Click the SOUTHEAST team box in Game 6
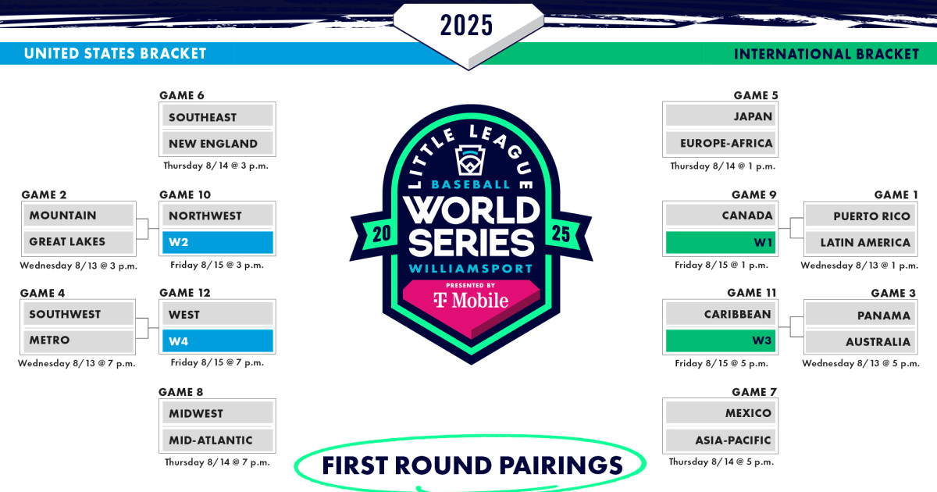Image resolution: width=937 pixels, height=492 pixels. [217, 117]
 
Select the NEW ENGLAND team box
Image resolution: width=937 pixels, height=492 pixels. [217, 144]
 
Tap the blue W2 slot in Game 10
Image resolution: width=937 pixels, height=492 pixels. [217, 242]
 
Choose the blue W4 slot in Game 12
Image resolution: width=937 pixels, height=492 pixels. [217, 340]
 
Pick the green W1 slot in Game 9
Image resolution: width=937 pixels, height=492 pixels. [720, 242]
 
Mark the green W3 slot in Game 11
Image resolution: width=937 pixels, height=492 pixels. [720, 340]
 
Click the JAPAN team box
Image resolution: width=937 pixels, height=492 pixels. [720, 116]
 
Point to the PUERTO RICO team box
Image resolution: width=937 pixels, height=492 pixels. [860, 216]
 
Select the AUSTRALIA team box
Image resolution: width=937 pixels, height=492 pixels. [860, 342]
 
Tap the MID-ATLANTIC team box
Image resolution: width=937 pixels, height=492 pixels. [217, 440]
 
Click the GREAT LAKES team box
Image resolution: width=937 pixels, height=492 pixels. [78, 242]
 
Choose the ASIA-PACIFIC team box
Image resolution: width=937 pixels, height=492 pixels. [720, 440]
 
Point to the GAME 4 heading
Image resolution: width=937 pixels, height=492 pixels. [43, 293]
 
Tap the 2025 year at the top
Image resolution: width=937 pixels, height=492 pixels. [467, 26]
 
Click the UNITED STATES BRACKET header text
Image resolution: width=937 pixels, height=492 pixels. [115, 54]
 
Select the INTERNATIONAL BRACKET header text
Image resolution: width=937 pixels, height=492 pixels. [826, 54]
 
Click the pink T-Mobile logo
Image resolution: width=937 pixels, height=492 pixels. [470, 301]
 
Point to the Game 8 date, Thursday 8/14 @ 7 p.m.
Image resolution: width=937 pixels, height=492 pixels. [217, 462]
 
